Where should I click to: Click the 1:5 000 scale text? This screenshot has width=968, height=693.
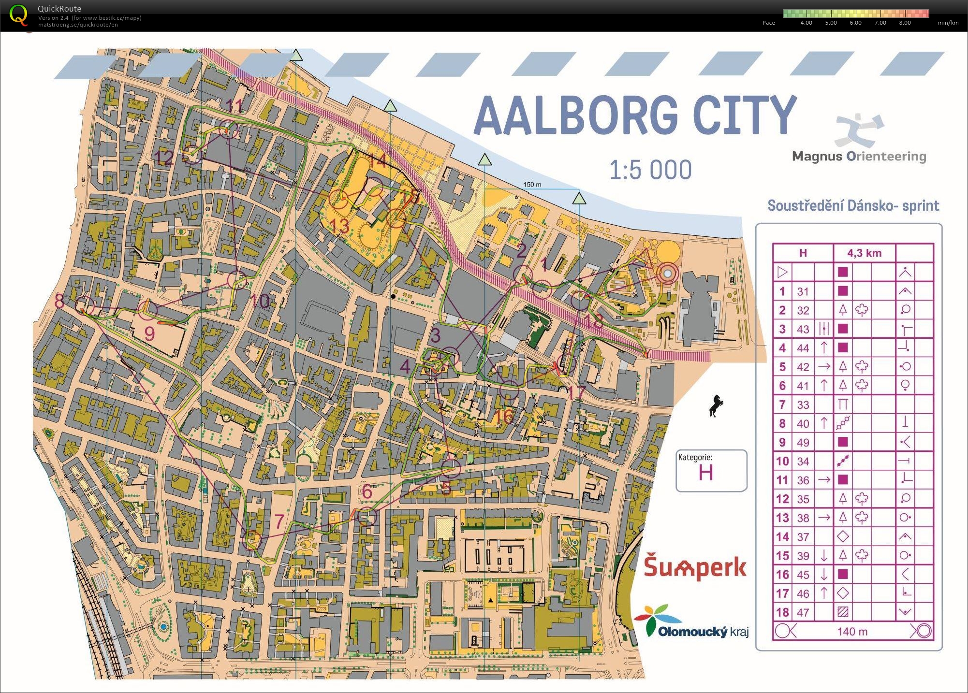click(650, 170)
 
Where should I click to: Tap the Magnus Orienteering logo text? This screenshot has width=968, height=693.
click(859, 156)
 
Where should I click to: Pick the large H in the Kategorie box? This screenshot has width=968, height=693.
click(705, 472)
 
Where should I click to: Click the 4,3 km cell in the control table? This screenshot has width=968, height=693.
click(864, 253)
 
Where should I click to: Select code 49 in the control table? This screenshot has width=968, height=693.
click(803, 442)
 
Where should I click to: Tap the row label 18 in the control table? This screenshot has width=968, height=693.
click(782, 612)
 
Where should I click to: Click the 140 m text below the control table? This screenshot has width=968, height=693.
click(852, 631)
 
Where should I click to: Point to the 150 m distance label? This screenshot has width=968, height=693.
click(532, 184)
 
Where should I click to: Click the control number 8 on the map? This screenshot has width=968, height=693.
click(59, 301)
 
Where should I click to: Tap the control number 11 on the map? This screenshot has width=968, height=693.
click(235, 105)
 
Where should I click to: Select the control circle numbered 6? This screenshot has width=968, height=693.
click(367, 517)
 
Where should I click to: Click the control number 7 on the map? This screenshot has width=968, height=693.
click(279, 521)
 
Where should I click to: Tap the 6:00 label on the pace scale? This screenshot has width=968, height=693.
click(855, 23)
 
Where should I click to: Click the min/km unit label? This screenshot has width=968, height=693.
click(948, 23)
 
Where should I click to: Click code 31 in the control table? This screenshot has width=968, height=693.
click(803, 291)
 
